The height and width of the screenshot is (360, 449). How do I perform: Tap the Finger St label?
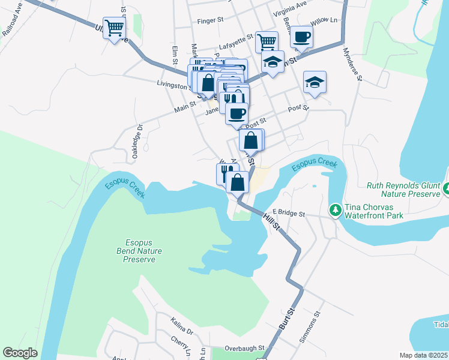click(x=210, y=20)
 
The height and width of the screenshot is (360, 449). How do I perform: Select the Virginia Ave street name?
click(x=289, y=13)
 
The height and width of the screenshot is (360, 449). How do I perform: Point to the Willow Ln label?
click(x=325, y=20)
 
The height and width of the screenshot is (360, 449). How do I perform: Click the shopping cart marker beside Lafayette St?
click(x=267, y=42)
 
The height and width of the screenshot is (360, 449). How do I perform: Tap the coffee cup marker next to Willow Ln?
click(x=301, y=37)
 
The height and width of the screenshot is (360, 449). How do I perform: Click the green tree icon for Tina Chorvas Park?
click(x=335, y=210)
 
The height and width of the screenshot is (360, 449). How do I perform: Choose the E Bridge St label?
click(x=289, y=213)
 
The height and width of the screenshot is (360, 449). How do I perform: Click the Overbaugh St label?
click(x=244, y=348)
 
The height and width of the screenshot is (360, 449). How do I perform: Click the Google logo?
click(x=20, y=353)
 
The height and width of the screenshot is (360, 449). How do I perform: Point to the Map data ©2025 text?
click(x=424, y=355)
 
